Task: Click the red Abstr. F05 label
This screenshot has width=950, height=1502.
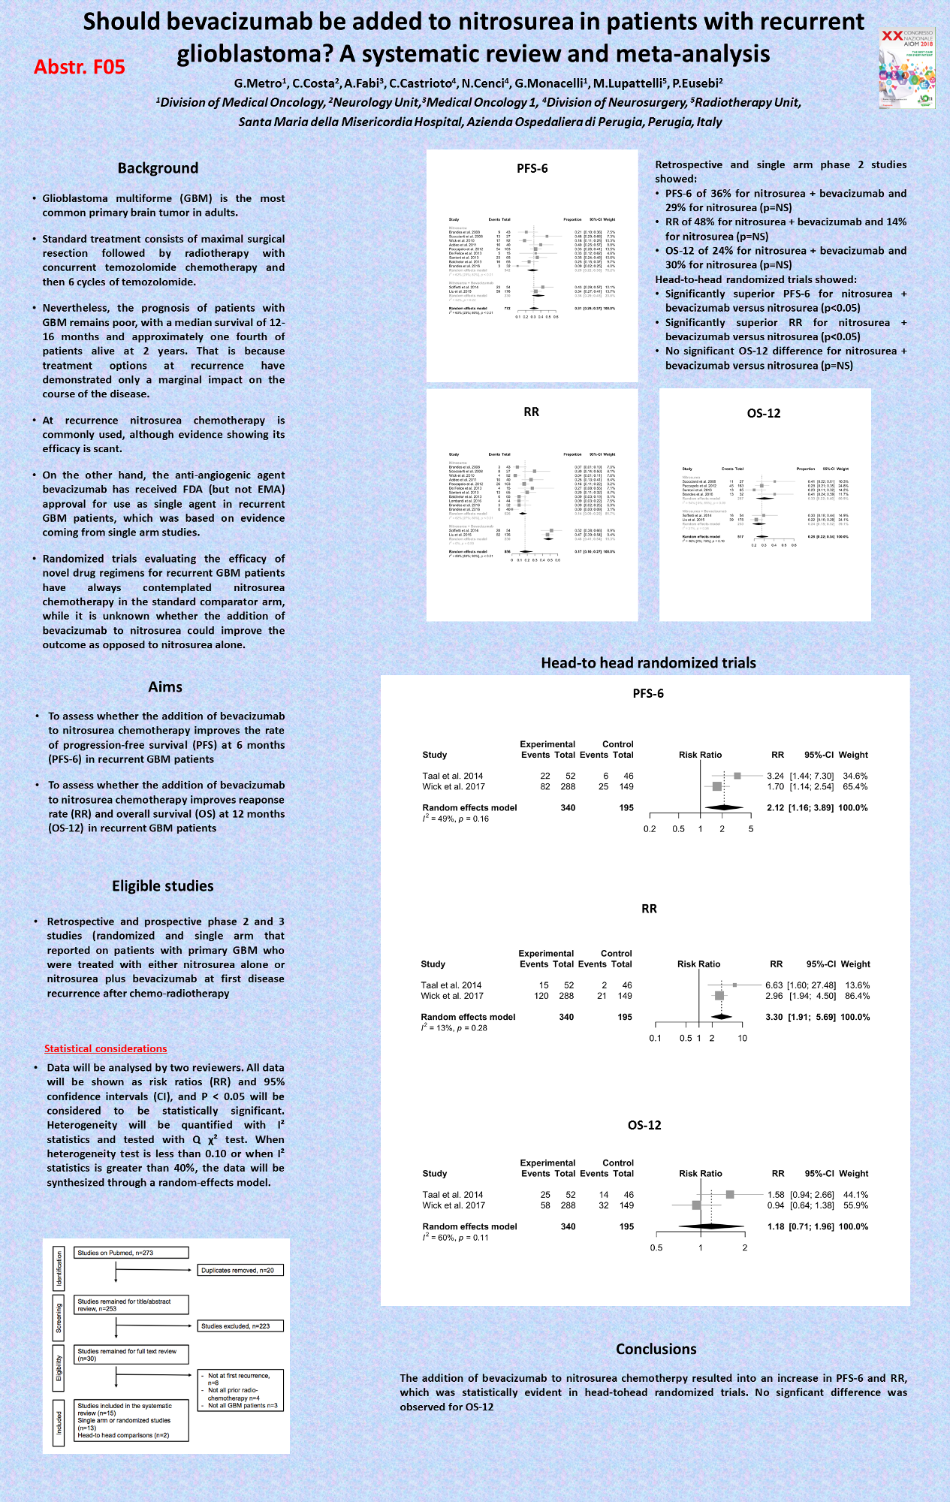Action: coord(79,68)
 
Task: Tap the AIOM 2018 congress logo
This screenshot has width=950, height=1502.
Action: coord(906,68)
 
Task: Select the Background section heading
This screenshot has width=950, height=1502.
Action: coord(158,168)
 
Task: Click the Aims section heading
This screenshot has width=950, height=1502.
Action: coord(164,686)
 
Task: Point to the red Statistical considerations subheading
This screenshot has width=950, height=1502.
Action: coord(105,1048)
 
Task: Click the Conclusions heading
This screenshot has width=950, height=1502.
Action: coord(656,1349)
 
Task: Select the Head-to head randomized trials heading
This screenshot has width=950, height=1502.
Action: coord(648,662)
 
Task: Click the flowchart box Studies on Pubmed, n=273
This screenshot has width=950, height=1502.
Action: coord(131,1253)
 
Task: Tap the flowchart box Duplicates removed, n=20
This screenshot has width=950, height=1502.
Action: coord(240,1270)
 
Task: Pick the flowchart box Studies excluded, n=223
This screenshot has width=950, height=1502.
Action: coord(240,1326)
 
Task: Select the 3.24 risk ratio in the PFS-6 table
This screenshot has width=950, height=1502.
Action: coord(775,776)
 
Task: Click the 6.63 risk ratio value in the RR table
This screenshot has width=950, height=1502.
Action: coord(774,985)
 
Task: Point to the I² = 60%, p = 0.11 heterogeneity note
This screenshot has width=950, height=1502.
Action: coord(455,1238)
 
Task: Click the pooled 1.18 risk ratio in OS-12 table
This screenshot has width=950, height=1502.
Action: coord(776,1226)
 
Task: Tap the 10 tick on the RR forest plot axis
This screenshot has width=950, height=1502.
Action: coord(742,1039)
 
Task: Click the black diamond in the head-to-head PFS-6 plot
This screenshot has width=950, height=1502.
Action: coord(725,807)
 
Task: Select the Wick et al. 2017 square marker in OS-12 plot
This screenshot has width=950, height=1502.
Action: coord(696,1205)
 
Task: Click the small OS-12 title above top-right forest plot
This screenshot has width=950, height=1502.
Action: coord(764,413)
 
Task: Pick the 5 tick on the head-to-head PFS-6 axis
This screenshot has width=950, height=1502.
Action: coord(750,829)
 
